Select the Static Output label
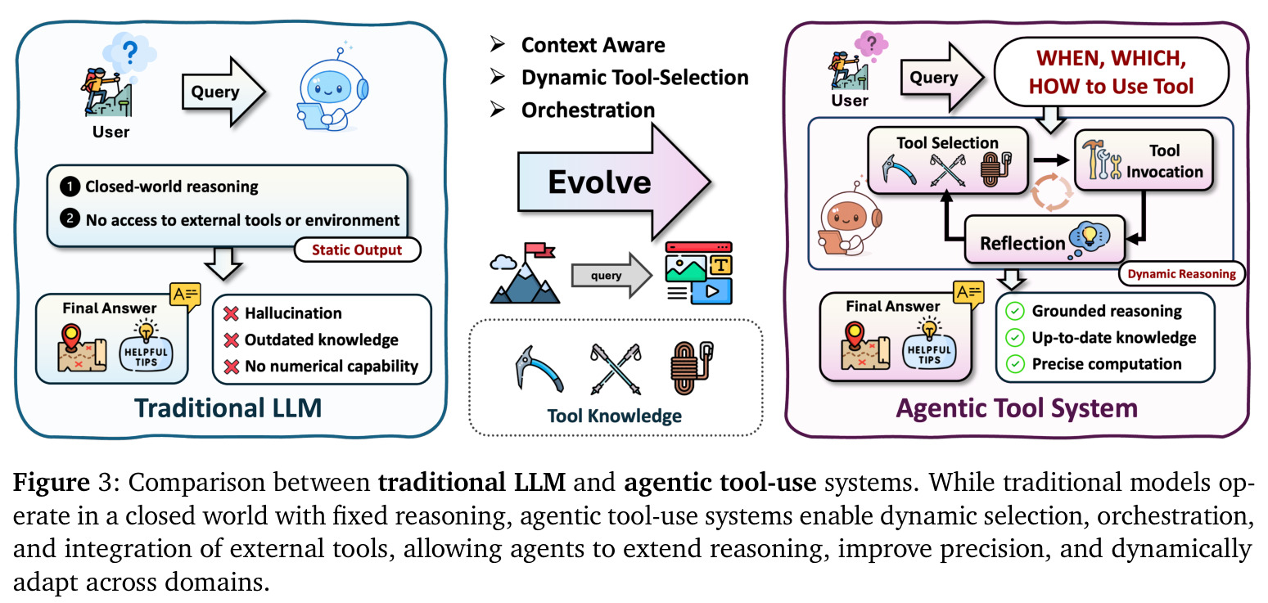pos(357,250)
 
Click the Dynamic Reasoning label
pos(1181,274)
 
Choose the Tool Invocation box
pos(1144,160)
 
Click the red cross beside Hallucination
pos(231,313)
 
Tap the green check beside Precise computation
pos(1015,364)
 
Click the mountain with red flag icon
pos(525,273)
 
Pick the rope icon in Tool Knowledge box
pos(691,367)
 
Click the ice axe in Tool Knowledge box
pos(539,369)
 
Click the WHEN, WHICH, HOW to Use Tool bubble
pos(1111,72)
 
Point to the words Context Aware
pos(593,45)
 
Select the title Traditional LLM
pos(228,407)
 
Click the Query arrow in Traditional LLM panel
pos(223,92)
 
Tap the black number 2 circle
pos(70,218)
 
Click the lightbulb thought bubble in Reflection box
pos(1089,240)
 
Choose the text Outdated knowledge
pos(322,340)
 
